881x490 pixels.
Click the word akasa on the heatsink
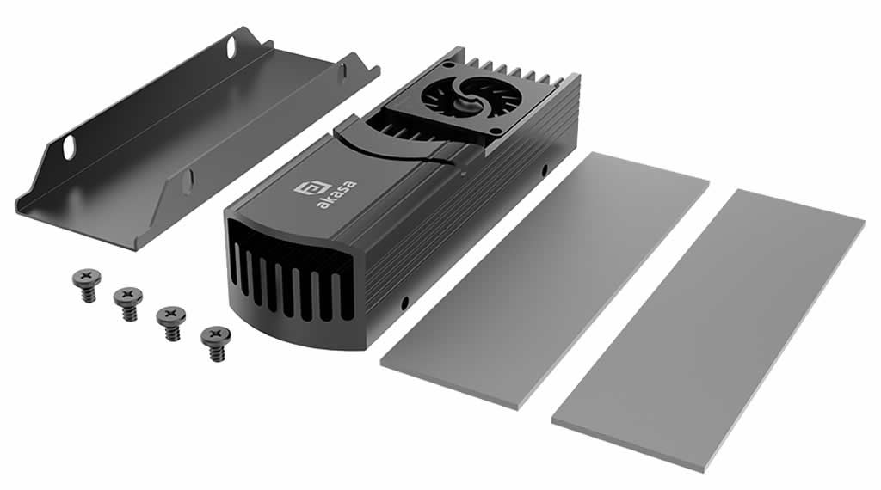point(336,194)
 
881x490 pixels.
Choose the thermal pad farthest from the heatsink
point(709,331)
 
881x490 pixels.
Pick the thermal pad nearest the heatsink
point(545,279)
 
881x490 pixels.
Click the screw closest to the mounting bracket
point(87,284)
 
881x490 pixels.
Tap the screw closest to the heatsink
point(215,342)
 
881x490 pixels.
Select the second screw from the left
point(128,303)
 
